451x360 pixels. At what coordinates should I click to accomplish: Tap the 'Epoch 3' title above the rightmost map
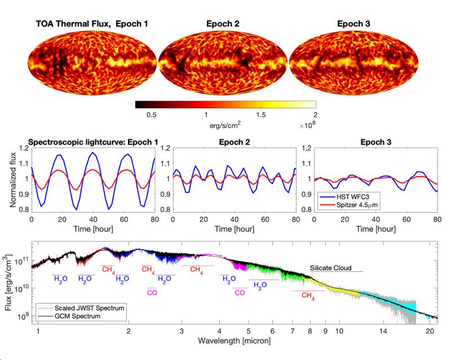click(x=353, y=24)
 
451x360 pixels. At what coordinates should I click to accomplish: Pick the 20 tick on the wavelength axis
click(x=429, y=331)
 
